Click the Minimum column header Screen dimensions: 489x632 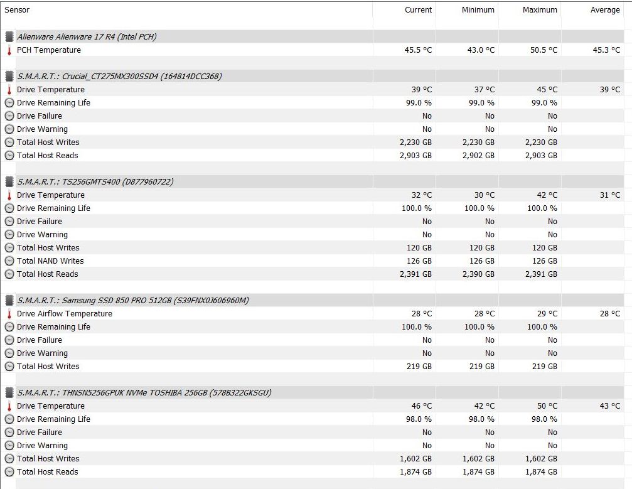click(x=478, y=10)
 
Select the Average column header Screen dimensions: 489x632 click(x=604, y=10)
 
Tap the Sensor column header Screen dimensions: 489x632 click(x=18, y=10)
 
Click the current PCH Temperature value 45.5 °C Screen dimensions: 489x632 click(x=417, y=50)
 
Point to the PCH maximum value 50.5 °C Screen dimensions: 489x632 click(x=543, y=50)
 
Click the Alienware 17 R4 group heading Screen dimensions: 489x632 click(x=87, y=37)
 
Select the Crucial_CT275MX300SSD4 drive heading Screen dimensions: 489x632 click(x=119, y=77)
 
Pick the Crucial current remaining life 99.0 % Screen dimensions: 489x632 click(x=416, y=103)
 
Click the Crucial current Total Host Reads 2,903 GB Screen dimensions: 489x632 click(x=415, y=156)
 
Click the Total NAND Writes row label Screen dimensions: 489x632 click(x=50, y=261)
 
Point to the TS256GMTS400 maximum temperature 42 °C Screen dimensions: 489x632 click(x=547, y=195)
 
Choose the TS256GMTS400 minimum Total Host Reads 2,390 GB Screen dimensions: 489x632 click(x=478, y=274)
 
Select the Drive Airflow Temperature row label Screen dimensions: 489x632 click(x=65, y=314)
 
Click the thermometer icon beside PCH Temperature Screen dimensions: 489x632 click(x=9, y=50)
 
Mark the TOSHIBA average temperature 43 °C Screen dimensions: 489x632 click(x=609, y=406)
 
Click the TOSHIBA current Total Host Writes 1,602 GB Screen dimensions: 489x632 click(x=415, y=459)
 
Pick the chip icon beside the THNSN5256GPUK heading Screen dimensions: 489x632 click(x=9, y=393)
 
